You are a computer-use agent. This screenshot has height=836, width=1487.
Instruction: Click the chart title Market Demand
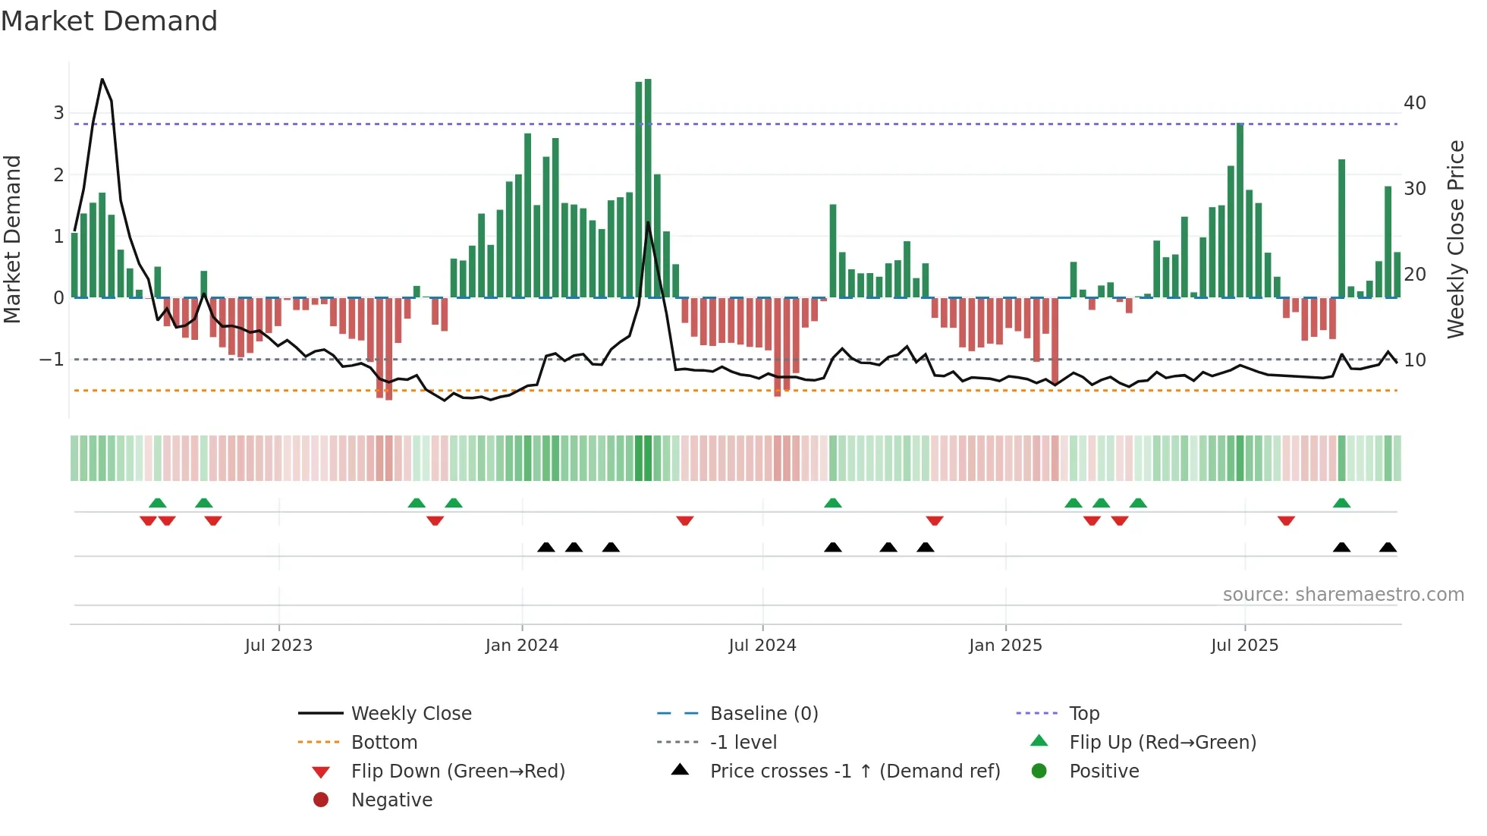click(x=109, y=21)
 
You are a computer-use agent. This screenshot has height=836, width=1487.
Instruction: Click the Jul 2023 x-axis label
click(x=278, y=646)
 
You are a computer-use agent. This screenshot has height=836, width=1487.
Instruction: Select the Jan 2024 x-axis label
click(x=522, y=646)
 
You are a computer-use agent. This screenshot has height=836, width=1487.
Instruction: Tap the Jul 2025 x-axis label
click(x=1244, y=646)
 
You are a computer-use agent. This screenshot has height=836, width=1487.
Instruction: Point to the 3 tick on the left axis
click(x=58, y=113)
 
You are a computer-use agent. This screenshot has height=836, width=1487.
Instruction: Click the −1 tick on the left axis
click(x=52, y=359)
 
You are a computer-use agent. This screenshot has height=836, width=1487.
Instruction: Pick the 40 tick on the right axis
click(x=1415, y=102)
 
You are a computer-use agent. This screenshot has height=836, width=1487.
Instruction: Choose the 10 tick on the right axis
click(x=1415, y=360)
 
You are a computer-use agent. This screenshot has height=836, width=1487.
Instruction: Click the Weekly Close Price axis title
click(x=1455, y=239)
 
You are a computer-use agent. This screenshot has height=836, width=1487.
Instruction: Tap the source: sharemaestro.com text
click(x=1343, y=595)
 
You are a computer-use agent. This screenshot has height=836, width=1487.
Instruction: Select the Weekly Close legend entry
click(x=411, y=714)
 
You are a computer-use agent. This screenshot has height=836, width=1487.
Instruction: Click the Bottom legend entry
click(x=384, y=743)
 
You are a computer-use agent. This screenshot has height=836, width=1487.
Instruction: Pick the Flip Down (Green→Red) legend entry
click(x=457, y=772)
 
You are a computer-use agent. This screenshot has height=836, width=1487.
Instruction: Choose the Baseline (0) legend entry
click(x=764, y=714)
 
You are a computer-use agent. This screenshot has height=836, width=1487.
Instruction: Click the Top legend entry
click(x=1084, y=714)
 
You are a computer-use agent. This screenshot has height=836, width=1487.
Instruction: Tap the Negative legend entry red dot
click(x=321, y=800)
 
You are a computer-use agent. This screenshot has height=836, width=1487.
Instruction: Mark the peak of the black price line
click(x=102, y=80)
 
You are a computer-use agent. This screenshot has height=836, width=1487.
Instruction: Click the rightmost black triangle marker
click(x=1388, y=547)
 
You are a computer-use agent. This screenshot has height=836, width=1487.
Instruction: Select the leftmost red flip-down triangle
click(x=148, y=520)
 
